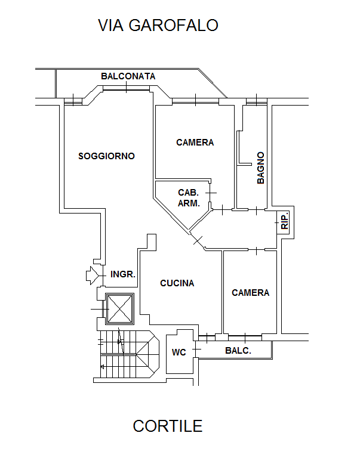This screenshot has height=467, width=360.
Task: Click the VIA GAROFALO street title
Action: click(x=158, y=26)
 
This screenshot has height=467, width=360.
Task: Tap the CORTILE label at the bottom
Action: click(x=168, y=426)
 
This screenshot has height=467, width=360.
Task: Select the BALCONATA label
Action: click(x=128, y=76)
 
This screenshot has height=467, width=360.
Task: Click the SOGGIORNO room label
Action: click(x=107, y=156)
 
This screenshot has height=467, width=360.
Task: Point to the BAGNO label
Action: click(x=261, y=168)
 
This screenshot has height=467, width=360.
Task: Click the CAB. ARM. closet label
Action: click(x=189, y=197)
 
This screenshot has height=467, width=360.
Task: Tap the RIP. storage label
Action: click(x=285, y=221)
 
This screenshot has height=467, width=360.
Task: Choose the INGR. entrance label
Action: click(x=124, y=275)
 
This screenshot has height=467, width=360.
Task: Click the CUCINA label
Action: click(x=177, y=283)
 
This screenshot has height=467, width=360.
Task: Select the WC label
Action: click(x=179, y=352)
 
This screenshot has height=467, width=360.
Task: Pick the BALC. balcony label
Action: click(x=238, y=351)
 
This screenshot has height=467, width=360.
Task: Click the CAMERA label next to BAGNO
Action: click(x=195, y=143)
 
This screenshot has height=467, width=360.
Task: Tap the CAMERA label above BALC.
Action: click(x=251, y=293)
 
